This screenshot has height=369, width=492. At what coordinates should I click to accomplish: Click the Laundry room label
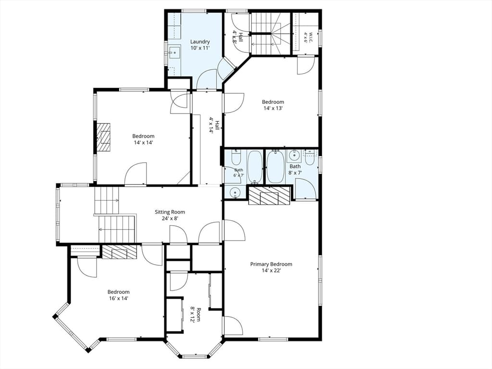pyautogui.click(x=200, y=41)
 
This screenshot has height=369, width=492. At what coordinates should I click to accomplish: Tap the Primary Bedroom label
pyautogui.click(x=271, y=264)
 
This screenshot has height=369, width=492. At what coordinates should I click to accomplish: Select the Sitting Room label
pyautogui.click(x=170, y=212)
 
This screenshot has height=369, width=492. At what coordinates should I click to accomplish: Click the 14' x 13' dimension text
pyautogui.click(x=273, y=108)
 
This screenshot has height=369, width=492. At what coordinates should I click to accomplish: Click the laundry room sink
pyautogui.click(x=175, y=52)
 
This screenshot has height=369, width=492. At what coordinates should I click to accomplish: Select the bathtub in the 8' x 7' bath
pyautogui.click(x=275, y=166)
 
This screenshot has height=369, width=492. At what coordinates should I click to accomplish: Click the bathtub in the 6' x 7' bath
pyautogui.click(x=255, y=166)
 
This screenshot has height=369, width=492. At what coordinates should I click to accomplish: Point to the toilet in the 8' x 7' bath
pyautogui.click(x=310, y=158)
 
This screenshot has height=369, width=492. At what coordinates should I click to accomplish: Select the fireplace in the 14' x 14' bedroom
pyautogui.click(x=104, y=138)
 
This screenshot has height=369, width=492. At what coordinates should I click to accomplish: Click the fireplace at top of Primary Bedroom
pyautogui.click(x=269, y=196)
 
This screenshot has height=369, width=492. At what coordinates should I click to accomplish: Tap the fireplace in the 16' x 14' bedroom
pyautogui.click(x=120, y=252)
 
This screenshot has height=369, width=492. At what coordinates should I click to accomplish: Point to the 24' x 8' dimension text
pyautogui.click(x=170, y=218)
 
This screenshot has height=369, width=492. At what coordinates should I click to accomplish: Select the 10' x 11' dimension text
pyautogui.click(x=200, y=48)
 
